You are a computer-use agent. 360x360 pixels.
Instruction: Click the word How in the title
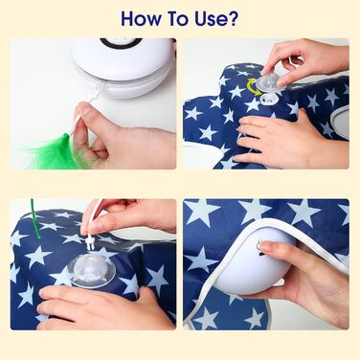[x=141, y=18]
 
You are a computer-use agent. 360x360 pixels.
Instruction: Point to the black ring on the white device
[x=121, y=43]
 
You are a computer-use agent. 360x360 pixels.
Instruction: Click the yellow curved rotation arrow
[x=251, y=86]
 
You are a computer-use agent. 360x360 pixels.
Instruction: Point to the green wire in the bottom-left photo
[x=35, y=219]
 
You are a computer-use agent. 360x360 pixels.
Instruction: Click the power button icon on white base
[x=258, y=245]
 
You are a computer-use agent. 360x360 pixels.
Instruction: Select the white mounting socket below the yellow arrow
[x=267, y=99]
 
